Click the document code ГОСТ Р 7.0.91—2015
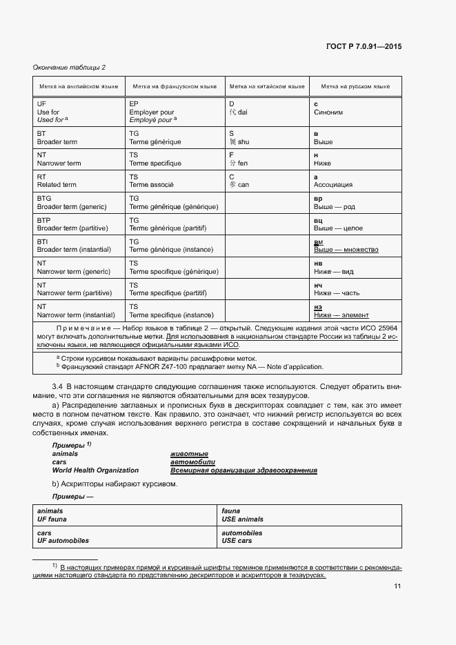click(363, 47)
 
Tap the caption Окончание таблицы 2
click(70, 67)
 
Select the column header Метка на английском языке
click(78, 87)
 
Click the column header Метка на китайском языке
click(266, 87)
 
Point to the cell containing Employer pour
click(152, 112)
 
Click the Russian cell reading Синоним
click(328, 112)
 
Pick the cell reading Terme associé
click(152, 185)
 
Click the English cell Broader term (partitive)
click(72, 228)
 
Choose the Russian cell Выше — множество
click(346, 250)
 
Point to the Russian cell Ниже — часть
click(336, 292)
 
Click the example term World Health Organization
click(95, 470)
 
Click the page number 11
click(397, 586)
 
